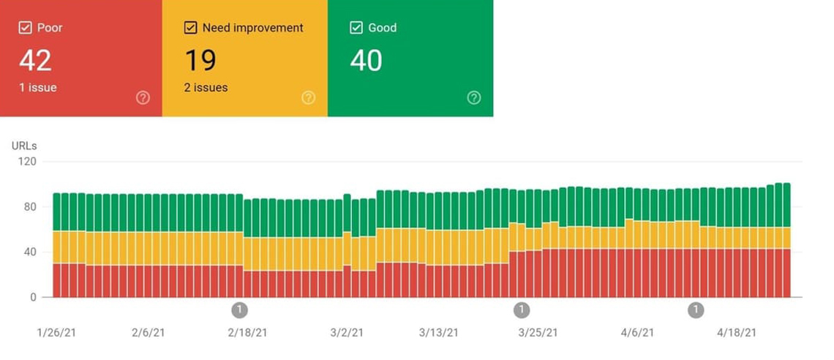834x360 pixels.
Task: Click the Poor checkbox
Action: (x=24, y=28)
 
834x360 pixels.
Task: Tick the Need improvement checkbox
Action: (x=190, y=28)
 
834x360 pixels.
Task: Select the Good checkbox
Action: (x=356, y=28)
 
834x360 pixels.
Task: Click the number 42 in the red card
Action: (x=35, y=60)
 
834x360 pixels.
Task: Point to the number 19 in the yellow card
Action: (x=200, y=60)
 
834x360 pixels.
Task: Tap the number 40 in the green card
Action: (x=366, y=60)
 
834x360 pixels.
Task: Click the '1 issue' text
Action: (x=38, y=88)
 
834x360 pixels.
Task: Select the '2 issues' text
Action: (x=206, y=88)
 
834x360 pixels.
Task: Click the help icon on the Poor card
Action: (x=143, y=97)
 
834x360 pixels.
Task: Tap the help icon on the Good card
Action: (x=474, y=97)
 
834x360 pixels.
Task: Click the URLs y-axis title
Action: (x=24, y=146)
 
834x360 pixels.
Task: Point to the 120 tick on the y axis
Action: (x=27, y=162)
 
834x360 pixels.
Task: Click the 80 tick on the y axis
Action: (x=30, y=207)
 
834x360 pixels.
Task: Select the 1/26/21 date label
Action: (x=56, y=332)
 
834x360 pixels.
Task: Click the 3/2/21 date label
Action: (x=346, y=332)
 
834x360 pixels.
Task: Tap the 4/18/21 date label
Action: (x=737, y=332)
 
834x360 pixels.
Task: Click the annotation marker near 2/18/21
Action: (x=239, y=310)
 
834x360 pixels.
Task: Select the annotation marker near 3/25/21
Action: (x=521, y=310)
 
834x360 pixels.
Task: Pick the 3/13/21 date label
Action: (x=439, y=332)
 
